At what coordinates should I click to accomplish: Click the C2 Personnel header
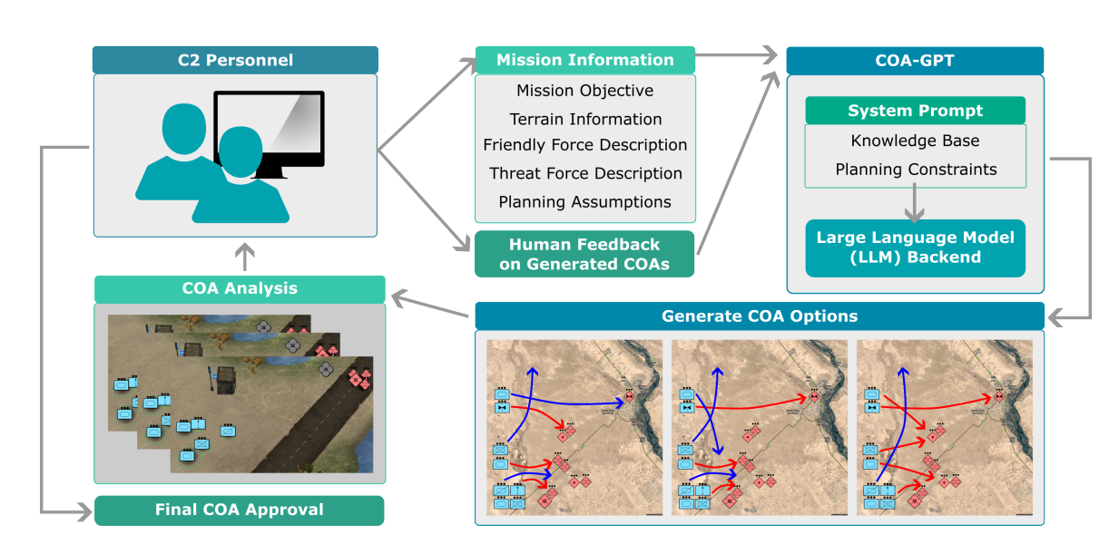(x=235, y=60)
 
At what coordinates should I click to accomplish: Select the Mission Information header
(x=585, y=60)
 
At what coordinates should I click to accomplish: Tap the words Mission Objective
(x=585, y=91)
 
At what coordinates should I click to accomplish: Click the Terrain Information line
(x=585, y=119)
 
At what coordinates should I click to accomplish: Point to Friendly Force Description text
(x=585, y=145)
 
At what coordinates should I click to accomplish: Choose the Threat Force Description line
(x=585, y=173)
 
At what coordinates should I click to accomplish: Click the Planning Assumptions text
(x=585, y=201)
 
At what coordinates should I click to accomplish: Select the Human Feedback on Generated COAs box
(x=585, y=254)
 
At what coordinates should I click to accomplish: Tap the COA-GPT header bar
(x=915, y=60)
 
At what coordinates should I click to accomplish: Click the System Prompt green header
(x=915, y=111)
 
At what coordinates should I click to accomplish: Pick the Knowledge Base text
(x=915, y=141)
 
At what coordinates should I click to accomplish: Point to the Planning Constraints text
(x=915, y=170)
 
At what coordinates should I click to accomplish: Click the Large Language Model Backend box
(x=915, y=248)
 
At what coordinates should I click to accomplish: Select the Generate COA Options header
(x=760, y=316)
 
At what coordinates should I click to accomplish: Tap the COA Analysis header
(x=240, y=289)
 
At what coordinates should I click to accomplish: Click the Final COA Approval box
(x=240, y=510)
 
